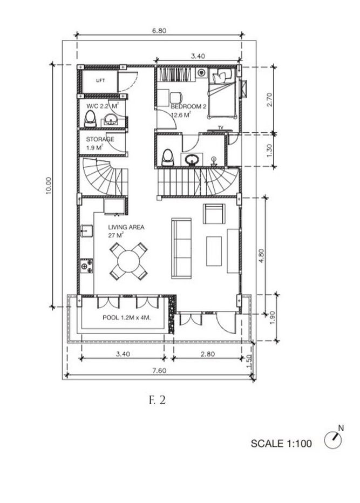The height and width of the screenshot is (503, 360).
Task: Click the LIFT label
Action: click(100, 80)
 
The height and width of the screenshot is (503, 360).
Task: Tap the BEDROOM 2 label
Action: click(188, 107)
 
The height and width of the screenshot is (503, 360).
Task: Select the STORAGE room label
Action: click(100, 139)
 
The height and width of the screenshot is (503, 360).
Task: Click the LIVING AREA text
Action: click(126, 227)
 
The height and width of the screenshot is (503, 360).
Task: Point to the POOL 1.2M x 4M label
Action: click(126, 318)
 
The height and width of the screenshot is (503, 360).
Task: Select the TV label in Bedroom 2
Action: click(220, 127)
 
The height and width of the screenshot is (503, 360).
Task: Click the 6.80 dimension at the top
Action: click(159, 31)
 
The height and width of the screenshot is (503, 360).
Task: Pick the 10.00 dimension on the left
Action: click(49, 186)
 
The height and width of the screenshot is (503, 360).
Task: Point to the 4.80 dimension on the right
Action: click(262, 255)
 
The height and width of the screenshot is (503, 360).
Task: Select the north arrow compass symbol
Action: click(334, 440)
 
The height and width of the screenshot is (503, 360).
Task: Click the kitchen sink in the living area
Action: click(86, 231)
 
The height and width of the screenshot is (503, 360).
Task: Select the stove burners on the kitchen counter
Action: click(86, 266)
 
